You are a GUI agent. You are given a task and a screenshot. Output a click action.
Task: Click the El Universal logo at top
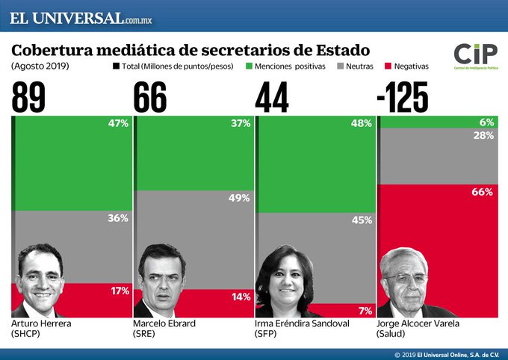86,17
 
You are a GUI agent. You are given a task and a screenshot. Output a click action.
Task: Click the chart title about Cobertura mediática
190,50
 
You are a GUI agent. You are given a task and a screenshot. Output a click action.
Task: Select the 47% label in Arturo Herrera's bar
118,123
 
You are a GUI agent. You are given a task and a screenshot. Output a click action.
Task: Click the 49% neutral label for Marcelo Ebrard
240,197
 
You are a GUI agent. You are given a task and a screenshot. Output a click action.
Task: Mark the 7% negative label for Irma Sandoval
364,309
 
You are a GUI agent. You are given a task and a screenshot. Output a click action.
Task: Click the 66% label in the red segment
482,192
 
